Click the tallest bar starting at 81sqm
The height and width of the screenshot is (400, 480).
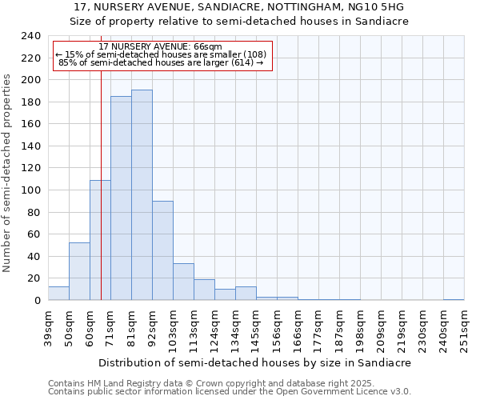(x=142, y=195)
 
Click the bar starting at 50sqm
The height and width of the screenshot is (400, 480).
(x=79, y=271)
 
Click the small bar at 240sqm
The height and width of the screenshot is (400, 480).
(x=454, y=299)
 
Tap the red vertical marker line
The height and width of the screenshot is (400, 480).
(x=102, y=160)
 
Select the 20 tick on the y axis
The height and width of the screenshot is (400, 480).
(x=33, y=278)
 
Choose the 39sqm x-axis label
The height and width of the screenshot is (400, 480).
(x=49, y=329)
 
